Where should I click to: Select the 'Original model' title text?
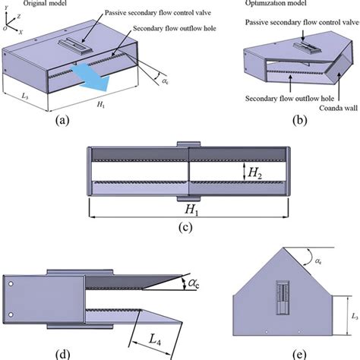pyautogui.click(x=50, y=4)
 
